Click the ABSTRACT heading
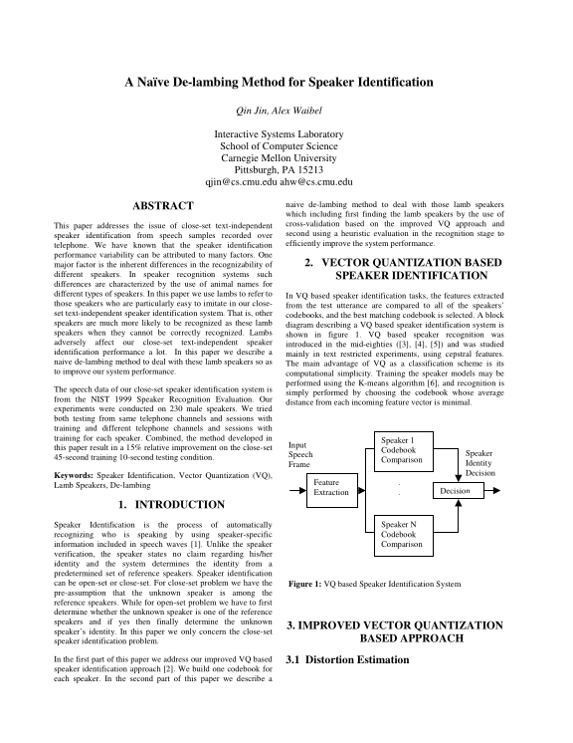coord(161,205)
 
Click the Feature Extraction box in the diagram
coord(331,486)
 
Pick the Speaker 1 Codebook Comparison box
coord(401,450)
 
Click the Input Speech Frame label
coord(299,454)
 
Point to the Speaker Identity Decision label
coord(479,462)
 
